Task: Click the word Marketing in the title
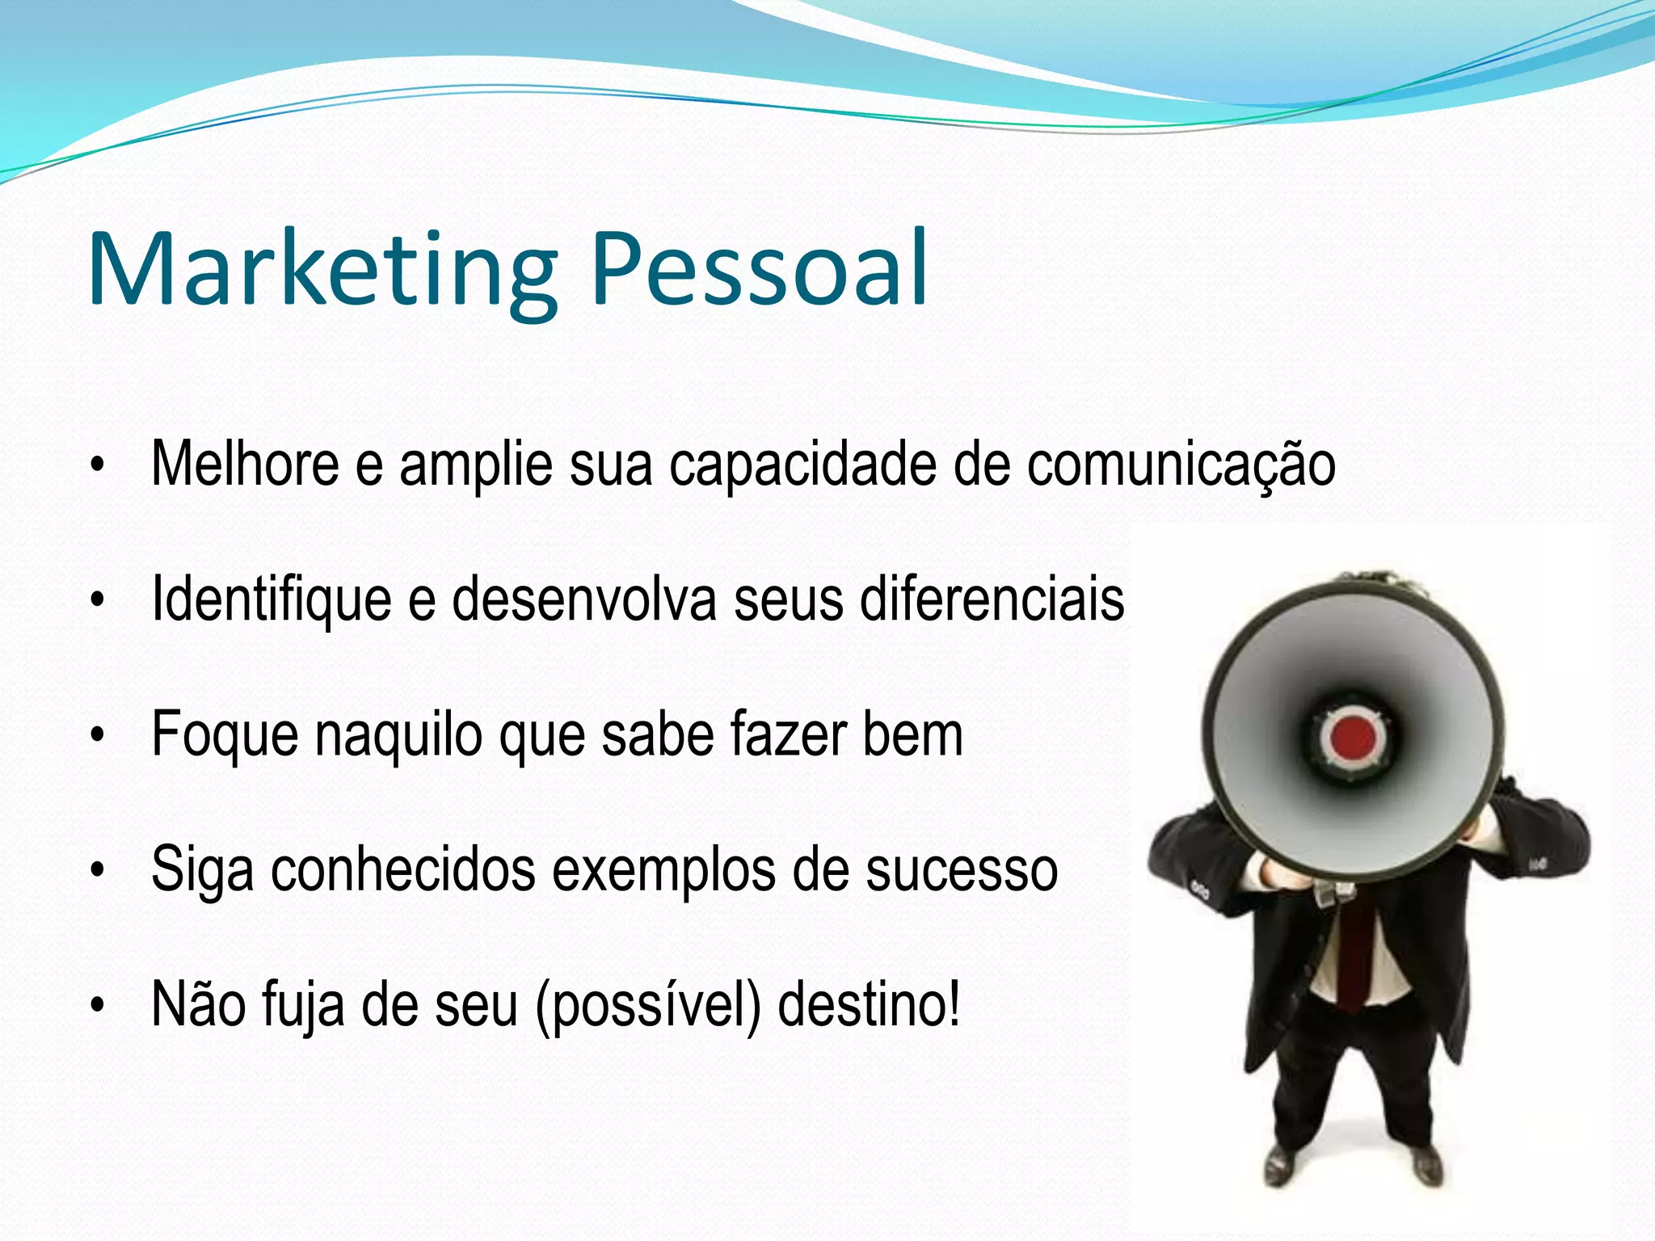tap(323, 271)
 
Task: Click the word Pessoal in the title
tap(760, 271)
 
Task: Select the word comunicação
tap(1181, 466)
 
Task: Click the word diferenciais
tap(992, 599)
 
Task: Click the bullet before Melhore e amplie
tap(98, 466)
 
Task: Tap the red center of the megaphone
tap(1353, 737)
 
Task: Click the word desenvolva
tap(583, 599)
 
